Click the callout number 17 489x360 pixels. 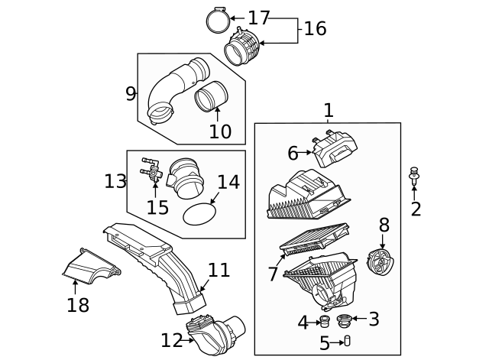[259, 18]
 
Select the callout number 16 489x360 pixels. [315, 29]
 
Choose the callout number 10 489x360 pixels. [220, 131]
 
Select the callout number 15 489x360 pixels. [157, 207]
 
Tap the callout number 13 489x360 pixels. [115, 181]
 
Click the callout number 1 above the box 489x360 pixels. [328, 110]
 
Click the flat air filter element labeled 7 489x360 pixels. [315, 238]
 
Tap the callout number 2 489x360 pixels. [415, 209]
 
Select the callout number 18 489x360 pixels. [78, 305]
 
